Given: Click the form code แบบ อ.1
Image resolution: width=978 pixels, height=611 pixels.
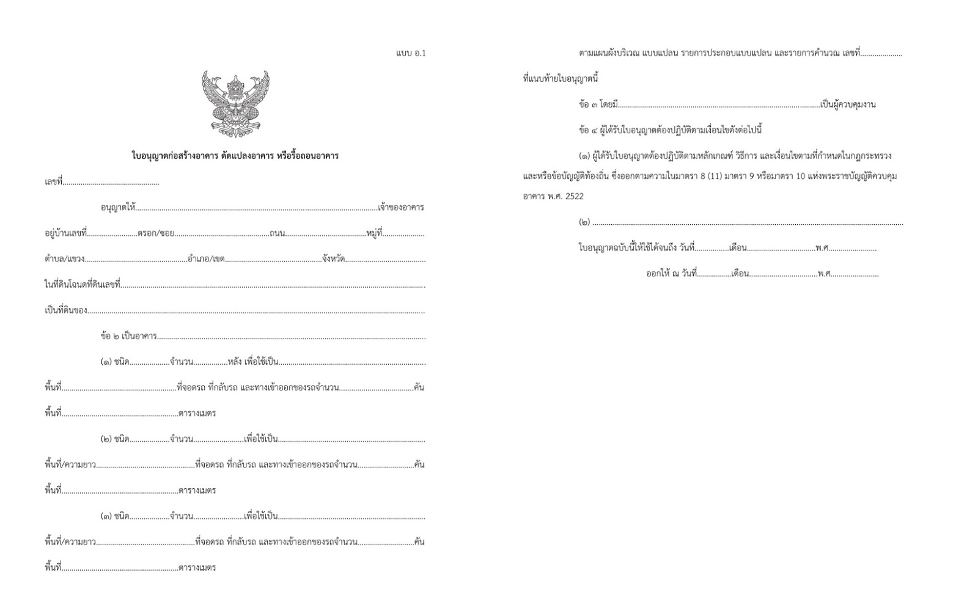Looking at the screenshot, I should point(411,53).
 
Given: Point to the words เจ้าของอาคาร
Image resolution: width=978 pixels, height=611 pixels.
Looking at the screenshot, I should point(401,208).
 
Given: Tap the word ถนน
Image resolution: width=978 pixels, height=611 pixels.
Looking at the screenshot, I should point(277,233).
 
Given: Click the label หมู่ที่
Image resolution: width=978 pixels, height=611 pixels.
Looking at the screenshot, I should point(374,233).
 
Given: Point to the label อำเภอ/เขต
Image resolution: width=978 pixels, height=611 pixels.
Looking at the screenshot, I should point(207,259).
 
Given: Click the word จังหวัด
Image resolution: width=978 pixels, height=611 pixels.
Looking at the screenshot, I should point(333,259).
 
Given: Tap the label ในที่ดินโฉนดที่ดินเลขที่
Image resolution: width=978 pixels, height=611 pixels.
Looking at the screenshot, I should point(83,285).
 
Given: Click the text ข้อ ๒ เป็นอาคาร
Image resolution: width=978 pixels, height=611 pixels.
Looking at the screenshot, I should point(129,337).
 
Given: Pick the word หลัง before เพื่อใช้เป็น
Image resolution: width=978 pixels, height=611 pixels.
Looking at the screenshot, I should point(233,362).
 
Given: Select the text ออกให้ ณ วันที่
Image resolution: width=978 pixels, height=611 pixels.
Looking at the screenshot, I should point(671,274).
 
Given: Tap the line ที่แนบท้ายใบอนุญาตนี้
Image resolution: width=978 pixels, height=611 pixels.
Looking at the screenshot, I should point(561,79).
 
